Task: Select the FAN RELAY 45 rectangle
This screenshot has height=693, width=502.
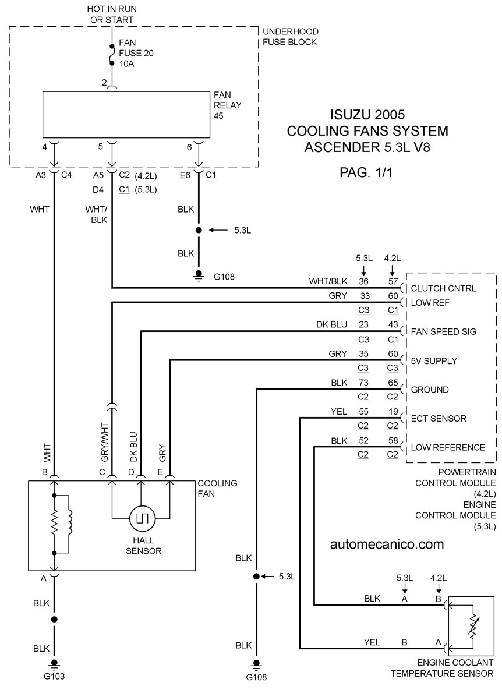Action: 126,115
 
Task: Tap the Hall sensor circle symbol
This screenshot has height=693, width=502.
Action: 143,518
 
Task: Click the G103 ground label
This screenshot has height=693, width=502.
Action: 54,676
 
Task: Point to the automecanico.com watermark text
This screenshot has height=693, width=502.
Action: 387,544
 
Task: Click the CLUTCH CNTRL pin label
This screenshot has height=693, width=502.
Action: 443,289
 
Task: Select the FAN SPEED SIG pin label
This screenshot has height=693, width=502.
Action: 444,331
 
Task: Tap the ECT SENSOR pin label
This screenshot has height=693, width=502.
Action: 439,419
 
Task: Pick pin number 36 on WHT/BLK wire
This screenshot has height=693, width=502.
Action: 363,281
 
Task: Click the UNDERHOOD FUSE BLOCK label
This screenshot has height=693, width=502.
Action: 291,37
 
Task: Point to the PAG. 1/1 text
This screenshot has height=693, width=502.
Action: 366,172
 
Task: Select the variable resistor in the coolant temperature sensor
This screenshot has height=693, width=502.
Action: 473,626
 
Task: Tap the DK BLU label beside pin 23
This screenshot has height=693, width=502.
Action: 331,324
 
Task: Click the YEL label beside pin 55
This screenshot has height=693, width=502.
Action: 339,412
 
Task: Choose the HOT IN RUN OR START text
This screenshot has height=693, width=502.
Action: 112,14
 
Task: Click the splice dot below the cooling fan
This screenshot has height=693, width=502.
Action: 54,620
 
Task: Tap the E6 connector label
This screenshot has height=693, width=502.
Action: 185,175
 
